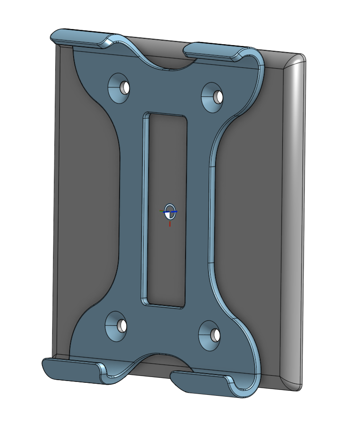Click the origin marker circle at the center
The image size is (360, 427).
pyautogui.click(x=170, y=211)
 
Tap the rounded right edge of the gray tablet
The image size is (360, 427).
pyautogui.click(x=294, y=223)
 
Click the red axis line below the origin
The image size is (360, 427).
pyautogui.click(x=170, y=223)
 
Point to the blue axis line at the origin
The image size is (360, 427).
pyautogui.click(x=175, y=211)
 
